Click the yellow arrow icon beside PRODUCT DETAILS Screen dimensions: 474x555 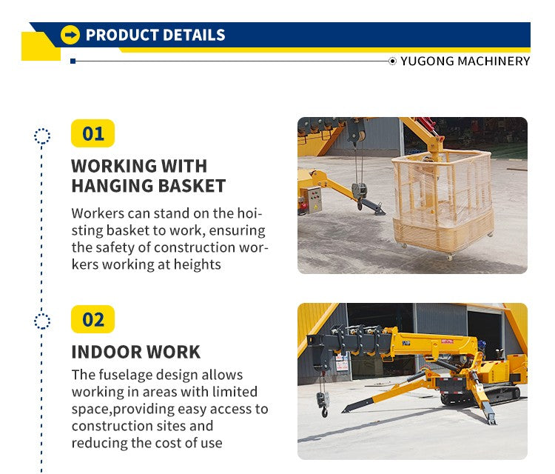coord(70,35)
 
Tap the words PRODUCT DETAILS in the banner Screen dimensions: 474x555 coord(155,35)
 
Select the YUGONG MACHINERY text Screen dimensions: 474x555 coord(465,61)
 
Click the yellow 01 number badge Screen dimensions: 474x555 coord(93,134)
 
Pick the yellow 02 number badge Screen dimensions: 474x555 coord(93,320)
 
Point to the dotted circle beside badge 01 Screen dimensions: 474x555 coord(42,136)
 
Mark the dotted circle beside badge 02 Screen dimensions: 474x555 coord(42,321)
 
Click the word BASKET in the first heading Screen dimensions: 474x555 coord(188,186)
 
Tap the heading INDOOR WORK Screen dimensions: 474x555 coord(135,352)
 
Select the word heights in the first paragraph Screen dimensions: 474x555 coord(196,264)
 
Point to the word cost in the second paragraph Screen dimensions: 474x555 coord(172,443)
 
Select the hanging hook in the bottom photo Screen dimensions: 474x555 coord(323,404)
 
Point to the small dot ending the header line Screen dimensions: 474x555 coord(392,61)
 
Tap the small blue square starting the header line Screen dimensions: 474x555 coord(73,61)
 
